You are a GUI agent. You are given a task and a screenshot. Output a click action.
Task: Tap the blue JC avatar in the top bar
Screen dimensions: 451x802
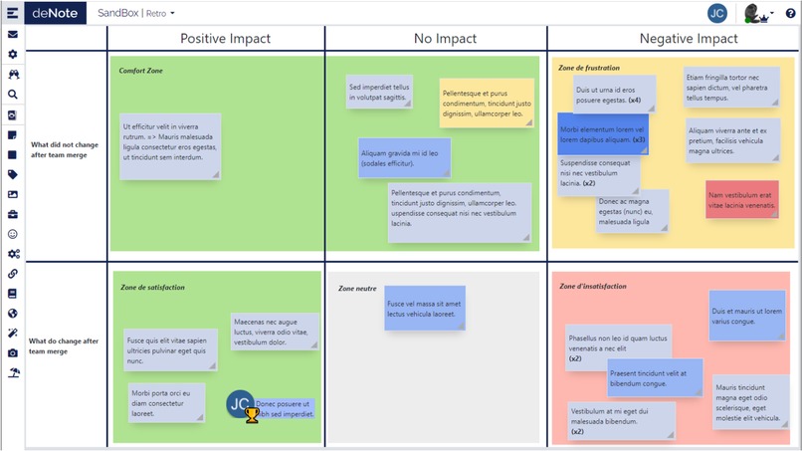click(x=716, y=13)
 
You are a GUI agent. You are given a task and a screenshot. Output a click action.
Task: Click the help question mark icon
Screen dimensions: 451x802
click(x=791, y=14)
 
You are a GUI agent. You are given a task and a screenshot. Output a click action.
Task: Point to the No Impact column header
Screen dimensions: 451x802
click(x=435, y=39)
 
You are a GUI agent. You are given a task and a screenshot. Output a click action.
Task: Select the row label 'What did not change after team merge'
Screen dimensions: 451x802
click(x=65, y=149)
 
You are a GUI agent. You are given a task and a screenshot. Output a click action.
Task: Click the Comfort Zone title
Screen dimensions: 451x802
click(x=140, y=71)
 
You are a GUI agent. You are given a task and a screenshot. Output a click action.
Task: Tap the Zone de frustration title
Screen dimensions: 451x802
click(x=589, y=68)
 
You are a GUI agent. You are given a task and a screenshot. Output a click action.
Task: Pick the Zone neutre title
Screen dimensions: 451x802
click(x=357, y=288)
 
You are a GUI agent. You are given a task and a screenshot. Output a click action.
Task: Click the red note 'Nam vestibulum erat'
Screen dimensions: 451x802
click(x=740, y=199)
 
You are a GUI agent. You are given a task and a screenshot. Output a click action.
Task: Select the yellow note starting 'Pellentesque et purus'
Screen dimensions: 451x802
click(x=487, y=104)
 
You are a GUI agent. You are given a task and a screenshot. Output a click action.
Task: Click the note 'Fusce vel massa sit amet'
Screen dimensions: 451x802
click(x=425, y=309)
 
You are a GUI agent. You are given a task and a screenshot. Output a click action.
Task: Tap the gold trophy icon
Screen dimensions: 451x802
click(x=252, y=414)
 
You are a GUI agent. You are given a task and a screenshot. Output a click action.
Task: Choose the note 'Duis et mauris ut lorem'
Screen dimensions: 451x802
click(x=746, y=316)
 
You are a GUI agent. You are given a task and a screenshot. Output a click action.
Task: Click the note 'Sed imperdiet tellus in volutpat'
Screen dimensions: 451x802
click(x=379, y=92)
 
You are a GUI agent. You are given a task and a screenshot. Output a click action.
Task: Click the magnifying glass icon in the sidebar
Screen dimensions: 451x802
click(x=13, y=95)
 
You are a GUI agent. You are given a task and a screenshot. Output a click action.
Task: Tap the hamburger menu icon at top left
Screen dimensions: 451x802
click(x=12, y=13)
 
